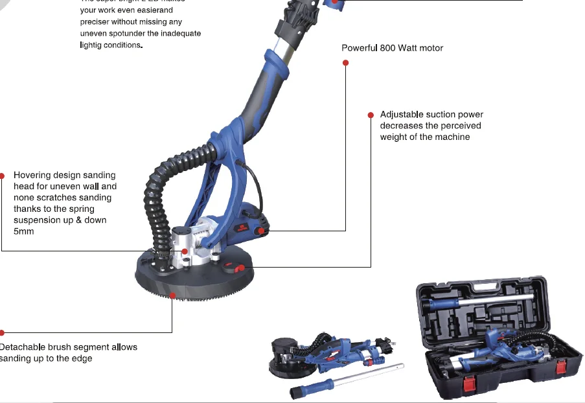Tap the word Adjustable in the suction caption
coord(402,115)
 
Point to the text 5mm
coord(24,231)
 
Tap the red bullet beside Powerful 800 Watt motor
coord(345,63)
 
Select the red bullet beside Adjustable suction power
coord(371,115)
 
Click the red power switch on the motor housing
coord(261,230)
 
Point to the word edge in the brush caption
coord(80,358)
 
